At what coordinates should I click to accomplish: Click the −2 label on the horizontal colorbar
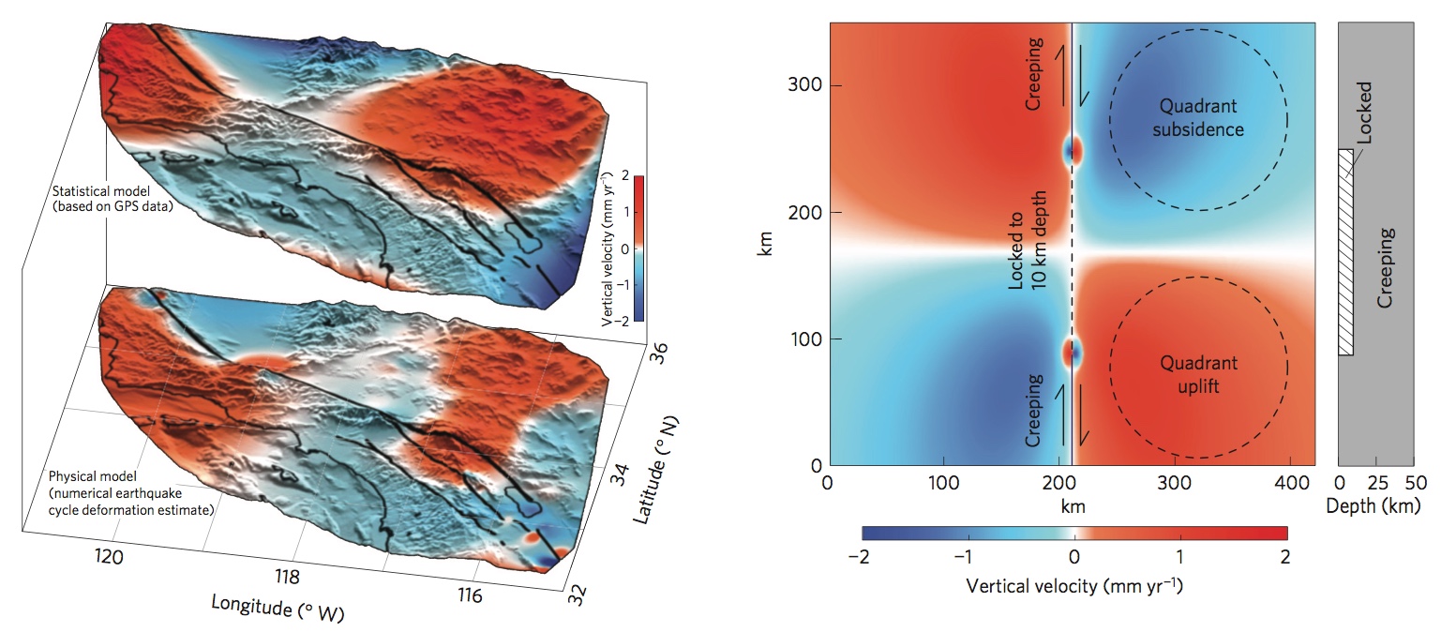tap(860, 556)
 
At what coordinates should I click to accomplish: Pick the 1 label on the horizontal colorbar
tap(1180, 556)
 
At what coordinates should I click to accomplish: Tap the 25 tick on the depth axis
tap(1375, 482)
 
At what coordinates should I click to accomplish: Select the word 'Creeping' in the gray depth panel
tap(1389, 268)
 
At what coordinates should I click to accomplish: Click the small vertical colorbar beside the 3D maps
tap(638, 248)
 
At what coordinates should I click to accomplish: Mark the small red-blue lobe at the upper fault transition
tap(1072, 150)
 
